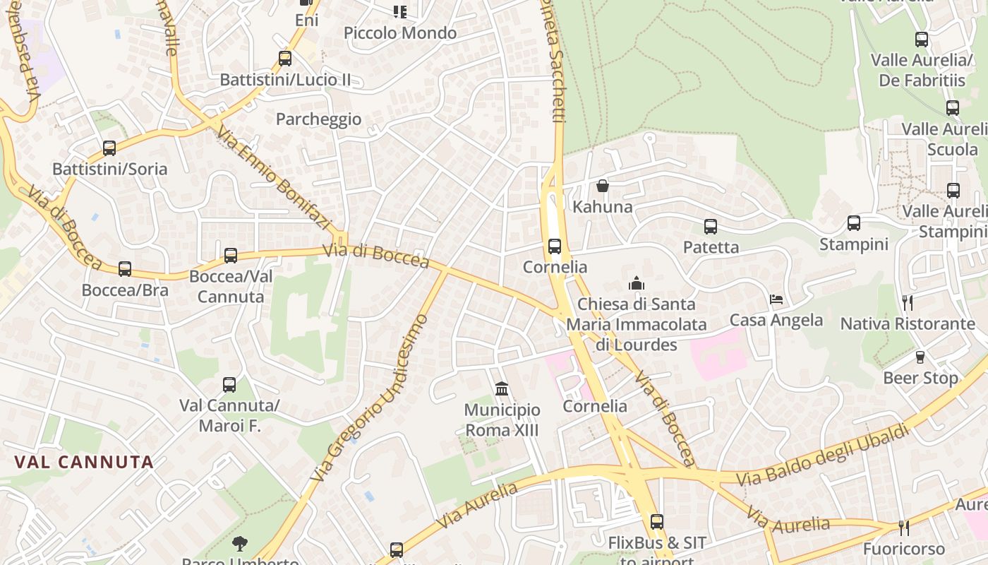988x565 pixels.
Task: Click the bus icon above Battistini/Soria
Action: click(x=109, y=148)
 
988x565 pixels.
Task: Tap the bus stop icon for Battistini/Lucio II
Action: click(x=285, y=59)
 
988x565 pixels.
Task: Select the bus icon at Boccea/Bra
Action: click(x=125, y=269)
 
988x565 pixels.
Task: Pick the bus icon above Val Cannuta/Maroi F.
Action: click(x=229, y=385)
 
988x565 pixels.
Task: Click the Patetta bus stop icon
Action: click(x=711, y=227)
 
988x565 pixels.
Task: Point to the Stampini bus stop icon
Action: click(x=854, y=224)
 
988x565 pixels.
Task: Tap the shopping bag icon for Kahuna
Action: click(x=603, y=186)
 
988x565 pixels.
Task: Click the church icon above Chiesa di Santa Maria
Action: click(x=637, y=283)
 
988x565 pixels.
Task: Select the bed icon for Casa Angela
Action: click(x=776, y=299)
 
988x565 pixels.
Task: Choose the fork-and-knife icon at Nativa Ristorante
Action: click(x=908, y=303)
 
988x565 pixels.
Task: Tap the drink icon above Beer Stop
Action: click(x=920, y=357)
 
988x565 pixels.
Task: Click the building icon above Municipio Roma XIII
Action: click(x=502, y=388)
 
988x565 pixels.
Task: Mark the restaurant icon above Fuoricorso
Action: click(x=903, y=528)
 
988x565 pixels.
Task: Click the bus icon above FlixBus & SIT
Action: click(x=657, y=522)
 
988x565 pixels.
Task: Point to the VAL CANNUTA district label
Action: click(x=84, y=463)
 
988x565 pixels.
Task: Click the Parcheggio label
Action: click(x=318, y=119)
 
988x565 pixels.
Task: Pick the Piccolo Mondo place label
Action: click(x=400, y=33)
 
